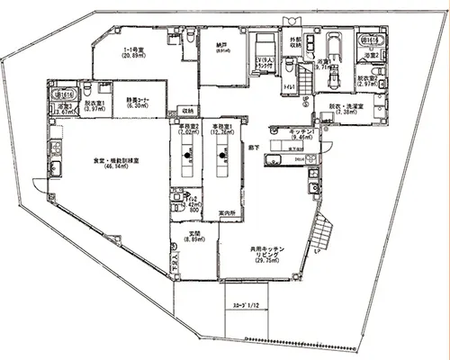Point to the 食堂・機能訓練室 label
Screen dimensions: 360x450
[118, 163]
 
